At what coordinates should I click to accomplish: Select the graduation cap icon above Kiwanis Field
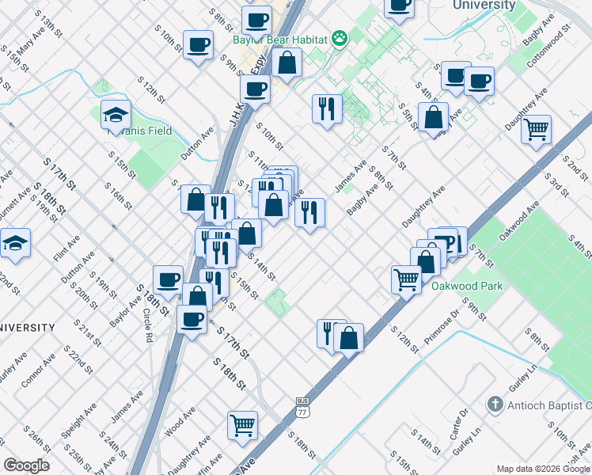[x=116, y=114]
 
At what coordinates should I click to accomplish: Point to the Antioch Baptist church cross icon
[x=495, y=405]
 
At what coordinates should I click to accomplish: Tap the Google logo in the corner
[x=27, y=465]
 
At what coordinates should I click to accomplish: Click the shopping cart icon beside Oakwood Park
[x=406, y=278]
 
